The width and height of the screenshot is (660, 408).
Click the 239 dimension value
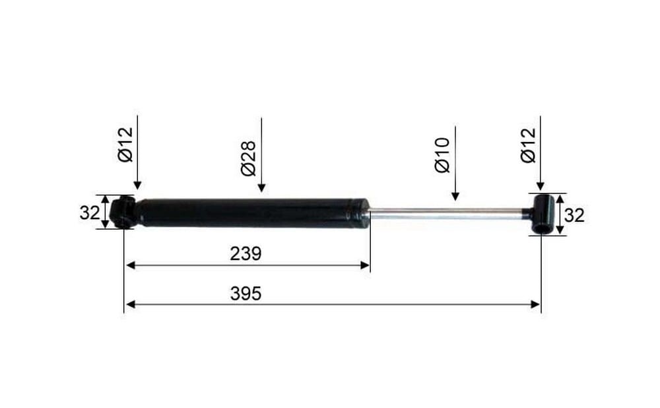tap(246, 254)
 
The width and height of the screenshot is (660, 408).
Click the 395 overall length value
tap(246, 294)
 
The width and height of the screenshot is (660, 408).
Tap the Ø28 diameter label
tap(249, 158)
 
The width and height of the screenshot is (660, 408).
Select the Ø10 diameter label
tap(443, 155)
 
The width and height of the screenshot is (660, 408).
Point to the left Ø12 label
tap(125, 145)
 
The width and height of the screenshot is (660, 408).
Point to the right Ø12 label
tap(529, 145)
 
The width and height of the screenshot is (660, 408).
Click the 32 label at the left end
tap(90, 213)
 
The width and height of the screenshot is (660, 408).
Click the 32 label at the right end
tap(574, 216)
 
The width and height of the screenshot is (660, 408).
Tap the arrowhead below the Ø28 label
tap(261, 187)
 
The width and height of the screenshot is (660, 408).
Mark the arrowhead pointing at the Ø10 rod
tap(455, 196)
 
